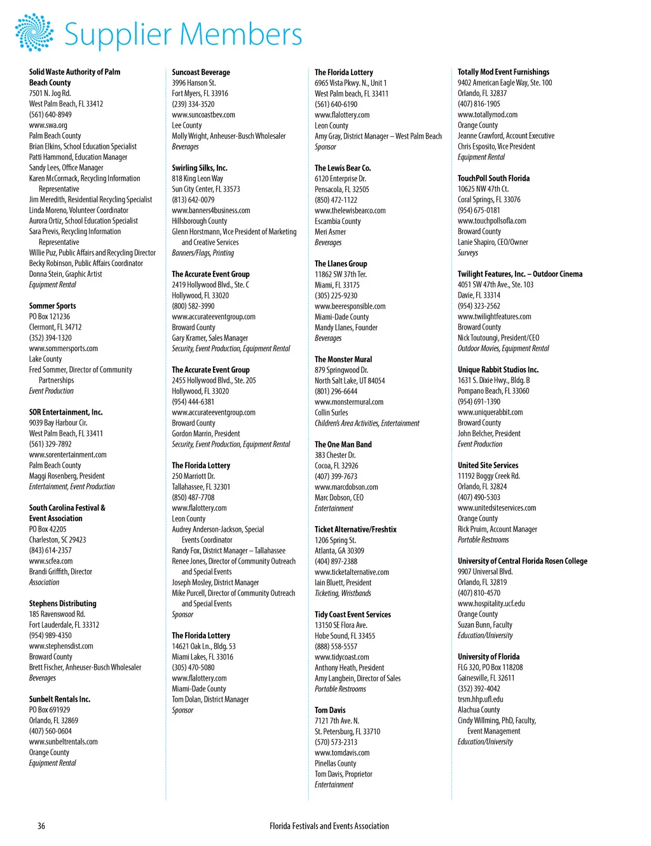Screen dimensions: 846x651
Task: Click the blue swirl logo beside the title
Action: [34, 32]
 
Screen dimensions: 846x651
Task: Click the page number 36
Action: [41, 826]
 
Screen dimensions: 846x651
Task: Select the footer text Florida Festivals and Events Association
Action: [329, 826]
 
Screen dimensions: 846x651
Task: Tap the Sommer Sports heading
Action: [52, 306]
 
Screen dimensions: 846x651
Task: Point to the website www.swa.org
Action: [48, 125]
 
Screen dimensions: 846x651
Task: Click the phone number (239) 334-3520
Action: [193, 104]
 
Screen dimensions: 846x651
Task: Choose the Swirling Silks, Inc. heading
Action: [199, 168]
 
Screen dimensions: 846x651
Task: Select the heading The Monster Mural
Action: [343, 359]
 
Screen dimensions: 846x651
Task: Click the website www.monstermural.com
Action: [349, 402]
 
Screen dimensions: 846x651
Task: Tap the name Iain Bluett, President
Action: [343, 583]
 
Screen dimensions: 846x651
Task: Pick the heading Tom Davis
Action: [330, 710]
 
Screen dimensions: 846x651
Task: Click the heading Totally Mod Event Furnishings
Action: [504, 72]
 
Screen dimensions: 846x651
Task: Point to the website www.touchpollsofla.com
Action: [492, 221]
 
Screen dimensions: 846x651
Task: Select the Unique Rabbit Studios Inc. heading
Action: [498, 370]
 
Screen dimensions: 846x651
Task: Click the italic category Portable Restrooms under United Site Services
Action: [483, 540]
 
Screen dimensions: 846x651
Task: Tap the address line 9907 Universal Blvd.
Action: [485, 572]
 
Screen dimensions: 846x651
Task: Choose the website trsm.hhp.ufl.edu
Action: [480, 699]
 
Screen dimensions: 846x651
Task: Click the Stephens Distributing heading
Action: [62, 604]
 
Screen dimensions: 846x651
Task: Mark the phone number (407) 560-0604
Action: [50, 731]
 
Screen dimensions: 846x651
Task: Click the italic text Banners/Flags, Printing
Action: [203, 253]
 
